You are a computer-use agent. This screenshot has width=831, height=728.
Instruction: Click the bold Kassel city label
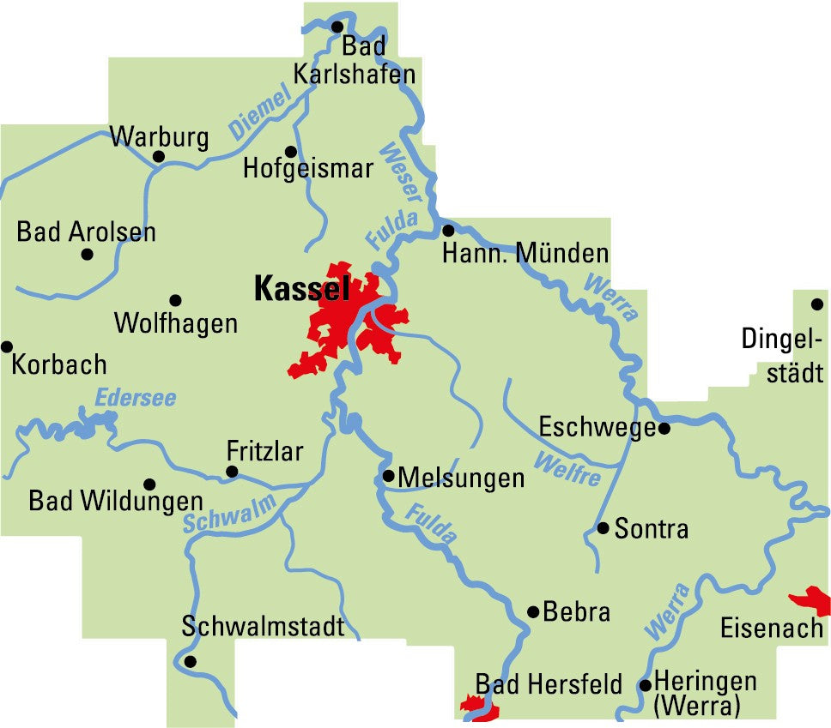301,290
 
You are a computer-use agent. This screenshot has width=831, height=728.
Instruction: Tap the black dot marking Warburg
158,156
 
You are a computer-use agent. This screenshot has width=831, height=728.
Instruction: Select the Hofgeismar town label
308,168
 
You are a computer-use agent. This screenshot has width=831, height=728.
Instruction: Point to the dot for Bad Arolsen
87,254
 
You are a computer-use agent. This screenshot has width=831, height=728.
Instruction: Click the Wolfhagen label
175,323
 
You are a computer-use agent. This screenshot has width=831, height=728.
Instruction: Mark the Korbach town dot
7,346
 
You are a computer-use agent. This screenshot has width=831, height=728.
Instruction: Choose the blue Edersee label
135,398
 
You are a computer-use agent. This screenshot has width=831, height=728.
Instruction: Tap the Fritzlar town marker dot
231,471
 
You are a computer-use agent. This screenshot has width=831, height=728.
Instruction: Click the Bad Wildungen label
116,501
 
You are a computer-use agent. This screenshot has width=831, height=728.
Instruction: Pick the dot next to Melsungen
388,475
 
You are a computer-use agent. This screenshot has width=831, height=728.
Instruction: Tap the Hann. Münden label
525,253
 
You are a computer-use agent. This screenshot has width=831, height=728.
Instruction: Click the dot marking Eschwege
664,428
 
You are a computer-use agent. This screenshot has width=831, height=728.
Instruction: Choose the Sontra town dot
604,527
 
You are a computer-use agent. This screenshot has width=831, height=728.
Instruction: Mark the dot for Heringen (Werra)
645,684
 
